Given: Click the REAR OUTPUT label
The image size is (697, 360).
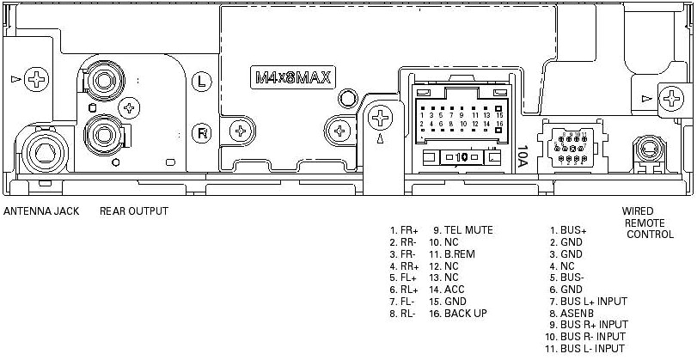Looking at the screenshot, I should (x=134, y=211).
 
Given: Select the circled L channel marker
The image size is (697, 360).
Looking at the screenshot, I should (x=201, y=82).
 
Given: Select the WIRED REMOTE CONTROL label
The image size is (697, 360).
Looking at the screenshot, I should (x=650, y=223).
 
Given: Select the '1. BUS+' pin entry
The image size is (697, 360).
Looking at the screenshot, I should (x=569, y=230).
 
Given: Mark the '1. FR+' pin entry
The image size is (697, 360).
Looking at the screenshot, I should (x=403, y=230).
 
